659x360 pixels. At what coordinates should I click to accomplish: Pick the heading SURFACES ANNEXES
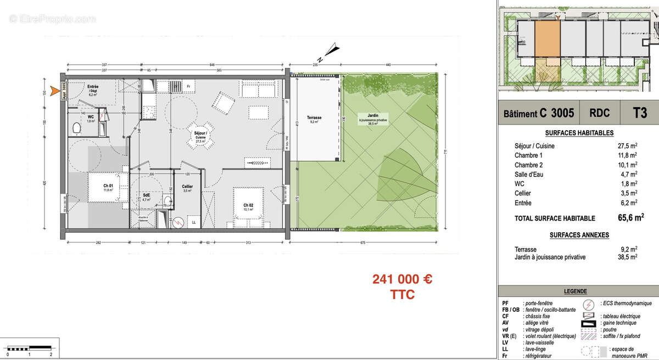579,235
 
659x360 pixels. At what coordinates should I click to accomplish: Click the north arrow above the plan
331,51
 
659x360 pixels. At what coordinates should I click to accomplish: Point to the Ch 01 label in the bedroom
108,186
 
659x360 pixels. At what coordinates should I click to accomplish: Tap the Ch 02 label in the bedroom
248,205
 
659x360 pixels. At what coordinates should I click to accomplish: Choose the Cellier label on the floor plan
187,187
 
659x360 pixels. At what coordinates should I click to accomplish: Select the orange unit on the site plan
547,38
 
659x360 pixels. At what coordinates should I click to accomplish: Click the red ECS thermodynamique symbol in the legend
588,303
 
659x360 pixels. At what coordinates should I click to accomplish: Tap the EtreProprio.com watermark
52,19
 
